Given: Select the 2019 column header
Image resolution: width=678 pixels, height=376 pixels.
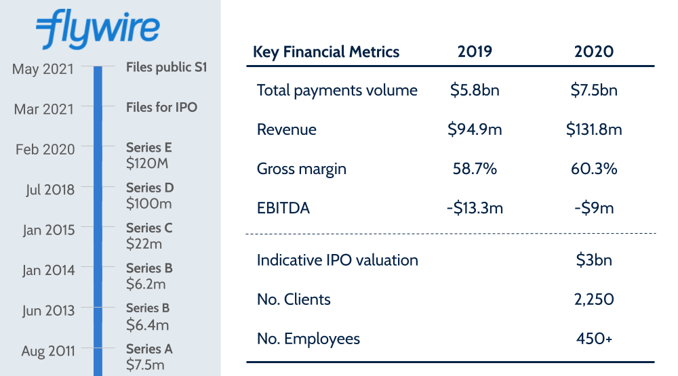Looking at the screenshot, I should [475, 51].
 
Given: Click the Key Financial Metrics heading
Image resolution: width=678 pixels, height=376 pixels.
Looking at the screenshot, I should [326, 51].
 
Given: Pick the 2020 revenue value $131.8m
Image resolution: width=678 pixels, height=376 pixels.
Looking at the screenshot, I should [594, 129].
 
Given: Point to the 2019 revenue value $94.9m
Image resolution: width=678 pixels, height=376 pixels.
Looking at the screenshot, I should [475, 129].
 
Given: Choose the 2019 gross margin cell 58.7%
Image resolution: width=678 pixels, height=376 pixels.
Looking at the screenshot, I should [475, 169].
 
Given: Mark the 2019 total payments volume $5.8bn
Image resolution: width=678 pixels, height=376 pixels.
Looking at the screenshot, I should [475, 90].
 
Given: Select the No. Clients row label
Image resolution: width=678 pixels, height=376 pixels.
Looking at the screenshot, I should [294, 299].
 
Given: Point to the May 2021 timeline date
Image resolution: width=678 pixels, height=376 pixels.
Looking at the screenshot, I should [43, 69].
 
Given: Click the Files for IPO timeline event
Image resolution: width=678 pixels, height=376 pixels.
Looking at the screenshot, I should [161, 107].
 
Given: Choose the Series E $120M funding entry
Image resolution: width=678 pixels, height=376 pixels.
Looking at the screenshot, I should [149, 154].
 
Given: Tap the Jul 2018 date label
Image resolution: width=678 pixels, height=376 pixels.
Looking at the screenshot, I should [49, 190].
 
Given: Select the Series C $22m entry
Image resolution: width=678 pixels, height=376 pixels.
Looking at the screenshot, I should [149, 235].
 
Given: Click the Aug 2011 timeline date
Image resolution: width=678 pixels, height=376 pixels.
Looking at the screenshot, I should [47, 351].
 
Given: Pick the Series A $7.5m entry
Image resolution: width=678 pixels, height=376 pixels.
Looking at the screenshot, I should [149, 357].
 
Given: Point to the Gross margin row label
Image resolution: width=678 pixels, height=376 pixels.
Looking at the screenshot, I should [301, 169].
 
